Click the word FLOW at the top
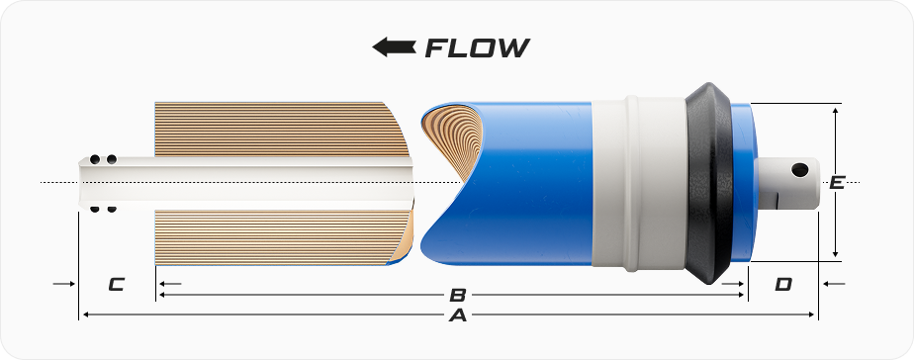[x=478, y=47]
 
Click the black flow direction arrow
[x=394, y=47]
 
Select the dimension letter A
[x=458, y=315]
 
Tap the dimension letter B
[x=458, y=295]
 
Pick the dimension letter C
[x=116, y=284]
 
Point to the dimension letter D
[x=782, y=284]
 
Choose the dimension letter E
[x=837, y=182]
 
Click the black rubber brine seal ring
[x=709, y=183]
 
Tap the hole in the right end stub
[x=799, y=169]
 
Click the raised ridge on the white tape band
[x=632, y=183]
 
